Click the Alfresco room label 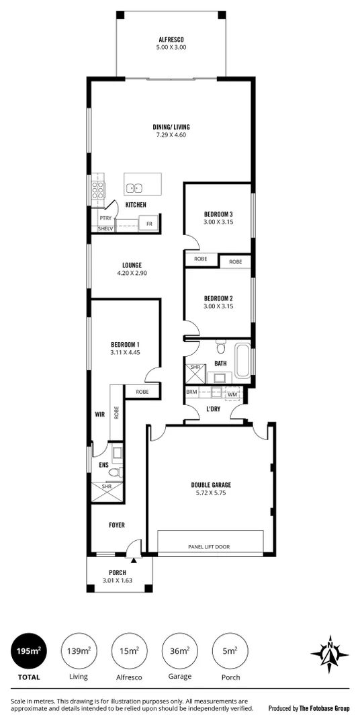coord(171,40)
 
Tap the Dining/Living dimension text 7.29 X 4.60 coord(171,135)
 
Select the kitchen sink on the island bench coord(134,188)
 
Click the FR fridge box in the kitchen coord(148,224)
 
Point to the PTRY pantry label coord(105,218)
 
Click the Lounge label coord(132,265)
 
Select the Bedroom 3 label coord(218,214)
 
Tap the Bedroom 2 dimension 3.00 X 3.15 coord(218,307)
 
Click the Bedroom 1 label coord(125,344)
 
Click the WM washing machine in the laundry coord(232,394)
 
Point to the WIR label coord(100,415)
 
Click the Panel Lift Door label coord(209,547)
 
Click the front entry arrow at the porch coord(134,559)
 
